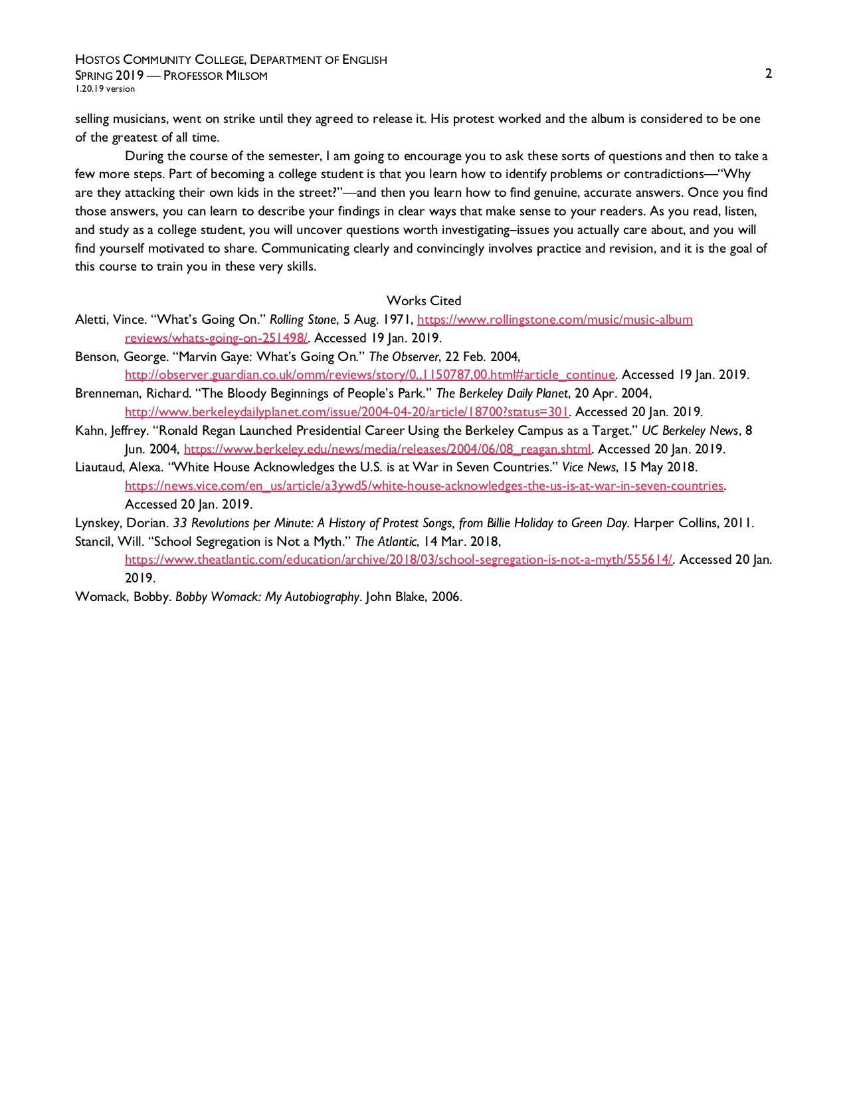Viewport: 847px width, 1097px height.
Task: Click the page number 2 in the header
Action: point(769,74)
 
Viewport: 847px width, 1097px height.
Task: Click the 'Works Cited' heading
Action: point(423,301)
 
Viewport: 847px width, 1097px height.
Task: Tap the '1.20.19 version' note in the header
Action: point(105,89)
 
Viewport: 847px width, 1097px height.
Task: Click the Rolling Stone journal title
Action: point(303,320)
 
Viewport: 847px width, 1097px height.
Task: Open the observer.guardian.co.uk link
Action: point(369,375)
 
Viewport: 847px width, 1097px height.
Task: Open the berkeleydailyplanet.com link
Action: point(346,412)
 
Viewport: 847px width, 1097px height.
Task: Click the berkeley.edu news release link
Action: point(387,449)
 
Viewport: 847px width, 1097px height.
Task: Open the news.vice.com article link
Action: point(424,486)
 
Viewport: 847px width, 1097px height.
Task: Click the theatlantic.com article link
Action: point(399,560)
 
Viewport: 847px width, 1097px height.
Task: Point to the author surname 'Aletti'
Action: point(92,320)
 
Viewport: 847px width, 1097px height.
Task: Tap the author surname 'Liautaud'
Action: point(99,467)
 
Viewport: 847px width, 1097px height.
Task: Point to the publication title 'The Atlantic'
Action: point(386,542)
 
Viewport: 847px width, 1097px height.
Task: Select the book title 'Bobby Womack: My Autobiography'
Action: point(267,597)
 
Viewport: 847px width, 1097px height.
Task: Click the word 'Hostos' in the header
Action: point(98,60)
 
